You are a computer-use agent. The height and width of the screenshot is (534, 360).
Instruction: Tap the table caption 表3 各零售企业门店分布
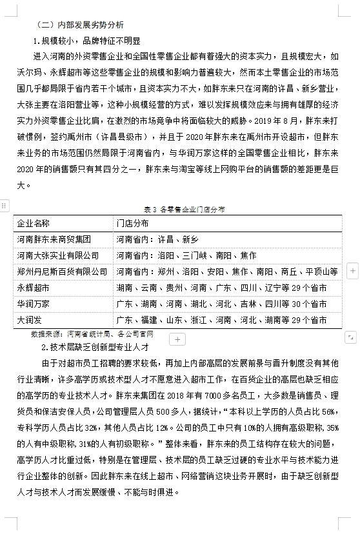(x=180, y=210)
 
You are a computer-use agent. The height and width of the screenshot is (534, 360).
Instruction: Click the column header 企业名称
(x=33, y=223)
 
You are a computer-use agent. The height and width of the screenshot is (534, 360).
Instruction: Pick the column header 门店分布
(x=132, y=223)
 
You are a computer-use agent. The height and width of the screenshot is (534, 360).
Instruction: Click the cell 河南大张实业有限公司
(x=58, y=255)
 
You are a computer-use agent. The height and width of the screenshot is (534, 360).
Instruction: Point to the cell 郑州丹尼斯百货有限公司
(x=62, y=272)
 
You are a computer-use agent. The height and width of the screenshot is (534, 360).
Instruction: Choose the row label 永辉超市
(x=33, y=288)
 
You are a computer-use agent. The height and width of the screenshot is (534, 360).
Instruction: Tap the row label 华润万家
(x=33, y=304)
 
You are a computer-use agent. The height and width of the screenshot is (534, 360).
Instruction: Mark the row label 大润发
(x=29, y=320)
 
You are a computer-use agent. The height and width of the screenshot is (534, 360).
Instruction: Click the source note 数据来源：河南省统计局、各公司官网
(x=92, y=334)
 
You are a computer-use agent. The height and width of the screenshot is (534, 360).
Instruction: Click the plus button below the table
(x=179, y=339)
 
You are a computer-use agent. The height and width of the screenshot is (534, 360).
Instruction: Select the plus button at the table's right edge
(x=352, y=272)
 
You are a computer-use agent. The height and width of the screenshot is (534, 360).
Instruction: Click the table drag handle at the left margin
(x=4, y=204)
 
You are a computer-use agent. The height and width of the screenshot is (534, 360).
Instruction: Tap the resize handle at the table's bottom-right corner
(x=350, y=336)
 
